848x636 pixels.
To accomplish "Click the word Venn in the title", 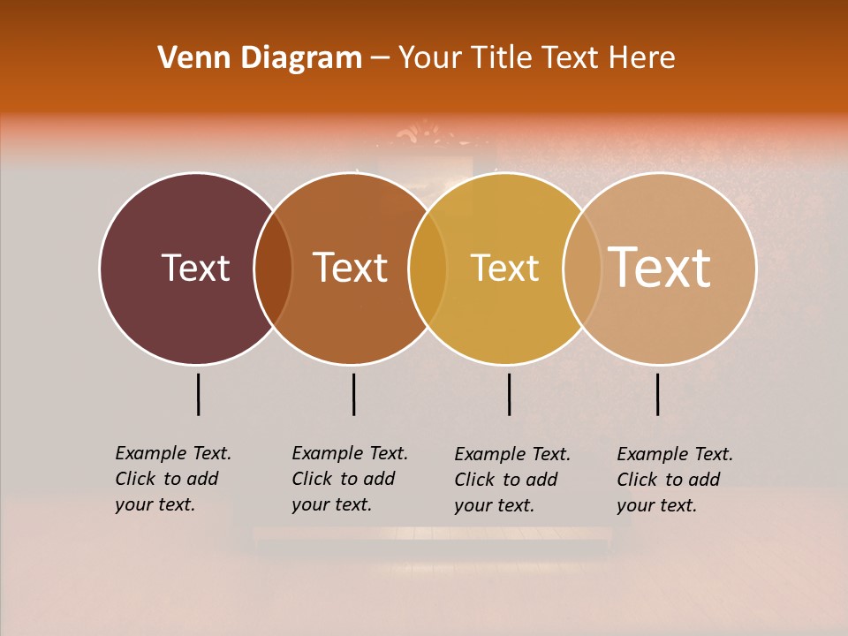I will pos(187,58).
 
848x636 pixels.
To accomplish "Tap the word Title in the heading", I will pos(502,58).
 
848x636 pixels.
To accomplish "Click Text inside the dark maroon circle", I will pos(195,268).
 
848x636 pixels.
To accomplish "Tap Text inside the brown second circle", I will pos(351,268).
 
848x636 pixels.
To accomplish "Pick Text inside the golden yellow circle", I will pos(504,268).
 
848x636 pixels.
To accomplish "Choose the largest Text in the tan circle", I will pos(660,267).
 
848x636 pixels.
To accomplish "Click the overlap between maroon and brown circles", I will pos(273,269).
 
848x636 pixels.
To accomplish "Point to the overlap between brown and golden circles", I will pos(428,269).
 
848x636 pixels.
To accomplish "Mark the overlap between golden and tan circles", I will pos(582,269).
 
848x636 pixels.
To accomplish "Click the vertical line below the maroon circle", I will pos(199,394).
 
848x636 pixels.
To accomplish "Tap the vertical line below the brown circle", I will pos(353,394).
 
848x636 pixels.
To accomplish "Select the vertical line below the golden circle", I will pos(510,394).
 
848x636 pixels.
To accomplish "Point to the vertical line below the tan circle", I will pos(658,394).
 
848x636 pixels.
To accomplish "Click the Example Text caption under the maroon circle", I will pos(172,479).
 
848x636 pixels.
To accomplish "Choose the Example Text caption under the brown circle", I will pos(349,479).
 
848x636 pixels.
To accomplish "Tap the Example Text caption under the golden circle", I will pos(511,480).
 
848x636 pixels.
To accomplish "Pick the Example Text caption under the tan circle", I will pos(674,480).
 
